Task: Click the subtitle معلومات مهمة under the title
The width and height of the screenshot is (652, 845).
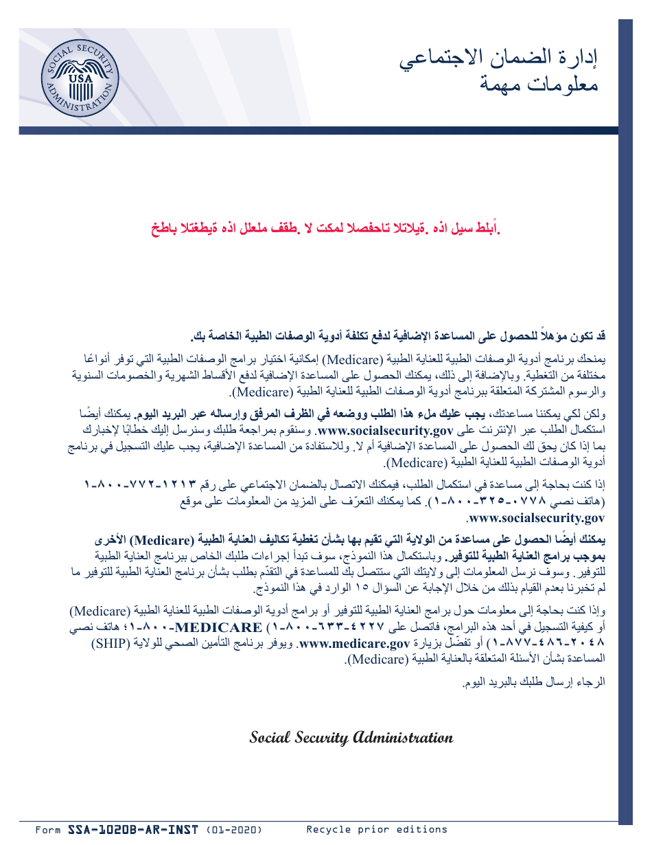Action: pyautogui.click(x=539, y=84)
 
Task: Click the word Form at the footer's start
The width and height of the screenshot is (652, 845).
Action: pyautogui.click(x=48, y=830)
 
